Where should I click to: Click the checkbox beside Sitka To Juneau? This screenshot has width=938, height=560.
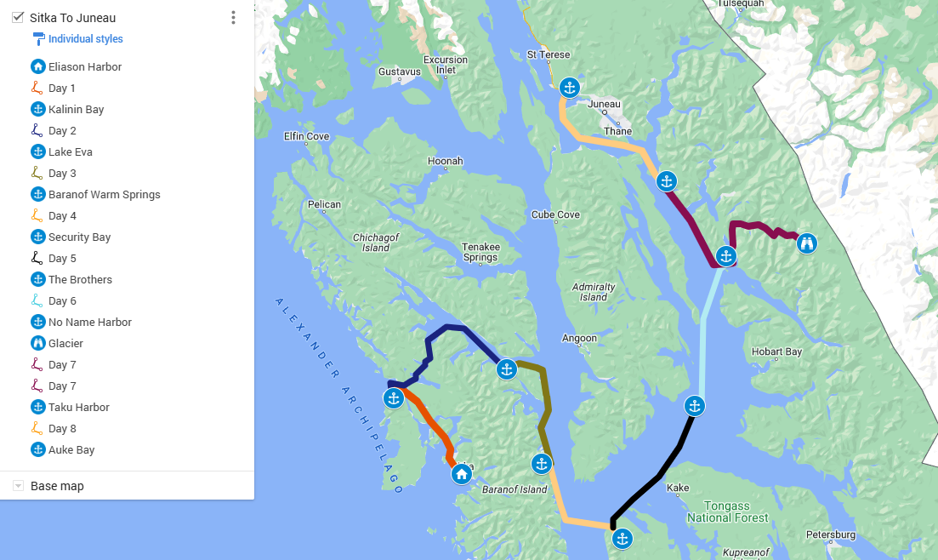18,17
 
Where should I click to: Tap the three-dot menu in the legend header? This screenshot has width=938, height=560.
233,18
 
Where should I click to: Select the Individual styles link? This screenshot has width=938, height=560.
85,39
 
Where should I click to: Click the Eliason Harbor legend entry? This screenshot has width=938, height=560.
85,66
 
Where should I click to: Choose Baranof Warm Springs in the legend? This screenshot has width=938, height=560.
104,194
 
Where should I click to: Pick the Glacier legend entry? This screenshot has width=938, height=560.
65,343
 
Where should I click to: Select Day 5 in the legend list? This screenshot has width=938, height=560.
62,258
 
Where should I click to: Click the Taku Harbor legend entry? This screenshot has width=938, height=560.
78,407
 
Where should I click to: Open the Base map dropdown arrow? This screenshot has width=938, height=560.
18,486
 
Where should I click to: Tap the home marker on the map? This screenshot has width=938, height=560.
461,474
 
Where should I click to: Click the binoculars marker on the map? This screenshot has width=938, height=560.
806,243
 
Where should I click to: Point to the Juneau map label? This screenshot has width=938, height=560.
604,104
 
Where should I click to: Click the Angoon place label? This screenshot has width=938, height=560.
579,339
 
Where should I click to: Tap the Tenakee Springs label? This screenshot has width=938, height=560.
480,252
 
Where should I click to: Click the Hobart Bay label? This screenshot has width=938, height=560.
776,351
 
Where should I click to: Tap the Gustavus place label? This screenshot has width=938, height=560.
400,71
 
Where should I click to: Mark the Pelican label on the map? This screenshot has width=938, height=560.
324,204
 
